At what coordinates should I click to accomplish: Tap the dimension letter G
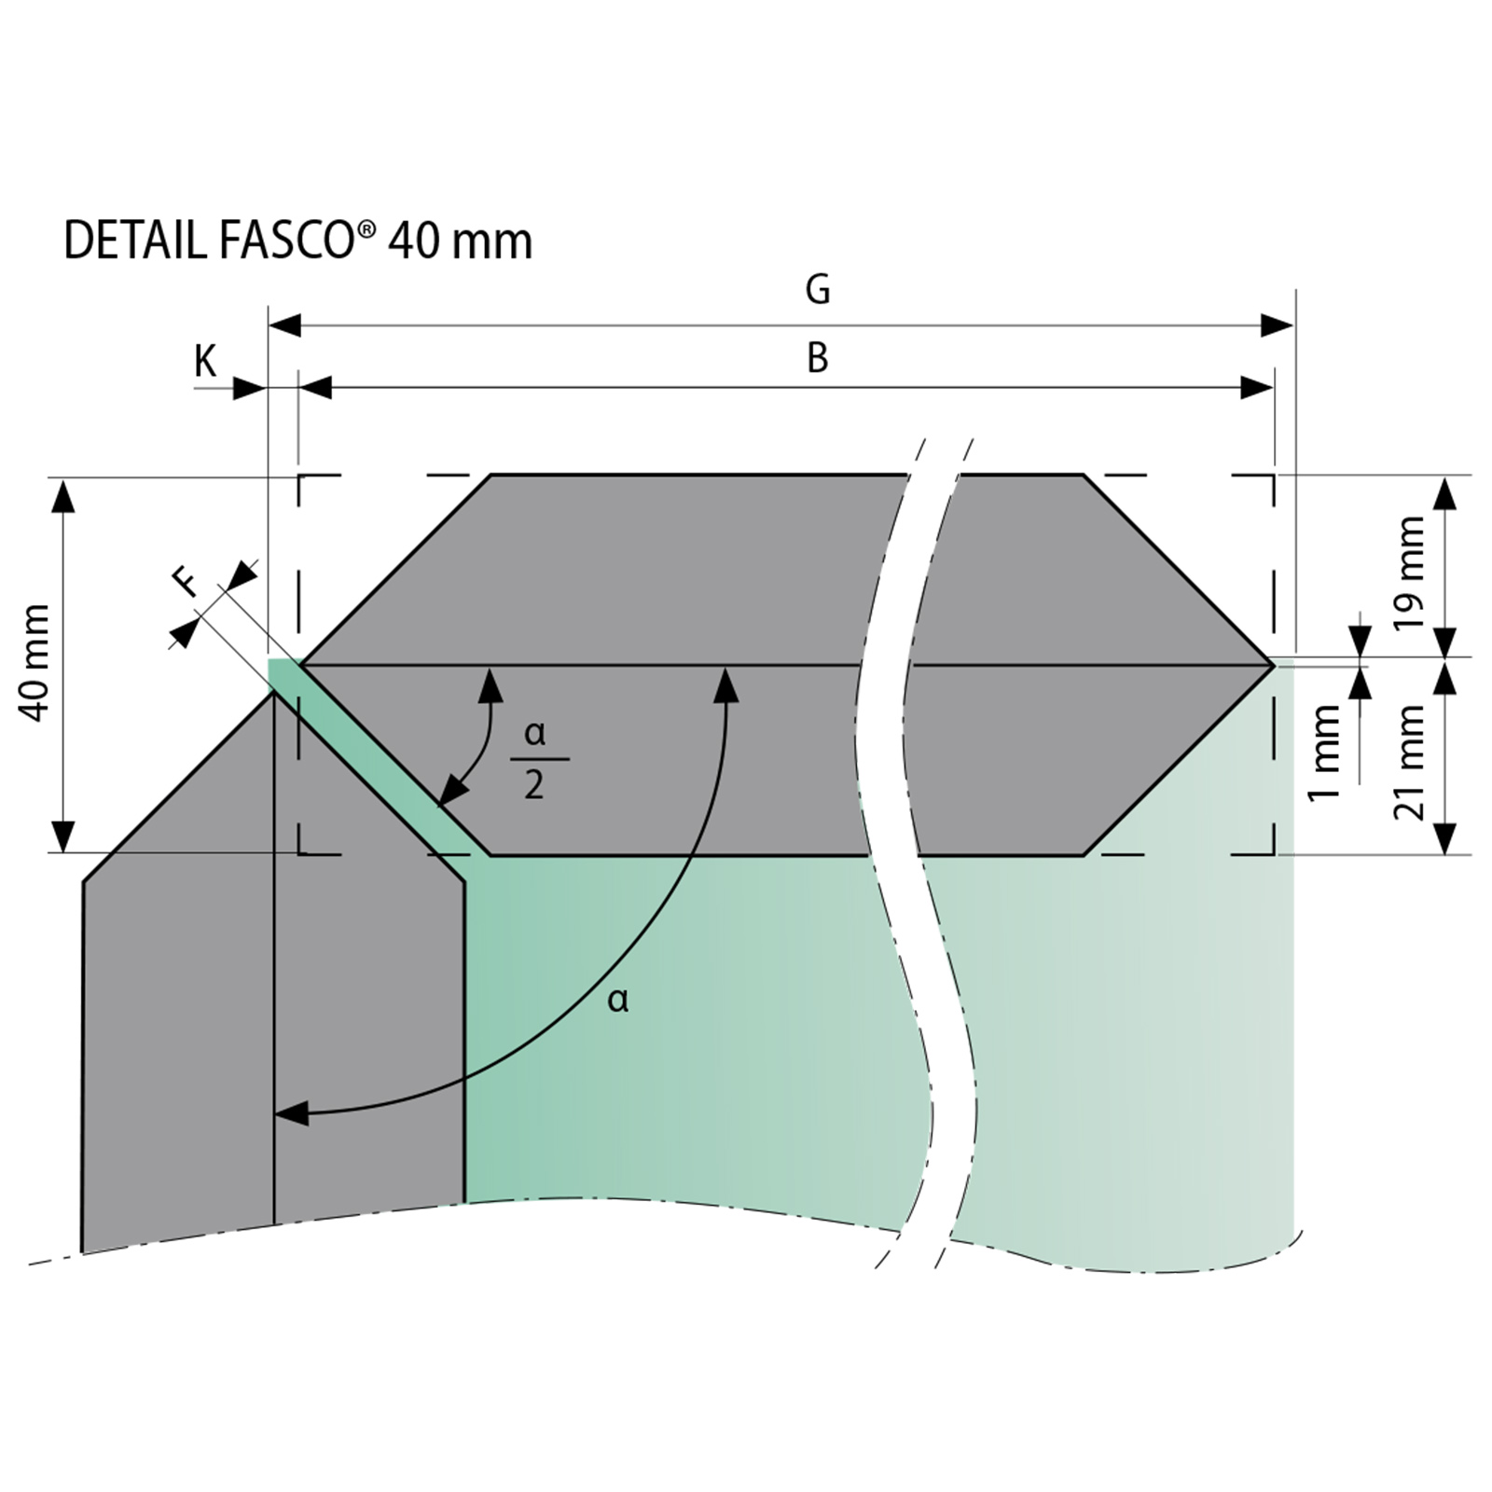tap(818, 290)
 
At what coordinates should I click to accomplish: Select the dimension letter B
tap(818, 358)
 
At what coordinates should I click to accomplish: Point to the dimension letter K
tap(205, 361)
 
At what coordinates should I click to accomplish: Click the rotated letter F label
tap(186, 582)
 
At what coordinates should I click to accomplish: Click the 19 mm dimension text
tap(1410, 573)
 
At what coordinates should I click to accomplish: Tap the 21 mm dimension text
tap(1410, 762)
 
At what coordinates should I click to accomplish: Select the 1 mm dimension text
tap(1323, 753)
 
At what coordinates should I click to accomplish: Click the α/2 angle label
tap(535, 759)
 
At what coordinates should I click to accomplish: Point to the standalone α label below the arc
tap(618, 1001)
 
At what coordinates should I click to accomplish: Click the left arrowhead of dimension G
tap(285, 325)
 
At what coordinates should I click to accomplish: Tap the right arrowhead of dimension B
tap(1257, 387)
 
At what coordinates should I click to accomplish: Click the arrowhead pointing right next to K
tap(249, 388)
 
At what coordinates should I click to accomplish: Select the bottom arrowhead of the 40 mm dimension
tap(62, 835)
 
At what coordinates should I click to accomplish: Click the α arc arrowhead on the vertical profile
tap(292, 1113)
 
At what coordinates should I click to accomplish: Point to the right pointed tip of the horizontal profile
tap(1273, 665)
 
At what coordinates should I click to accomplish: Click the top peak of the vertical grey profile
tap(273, 692)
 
